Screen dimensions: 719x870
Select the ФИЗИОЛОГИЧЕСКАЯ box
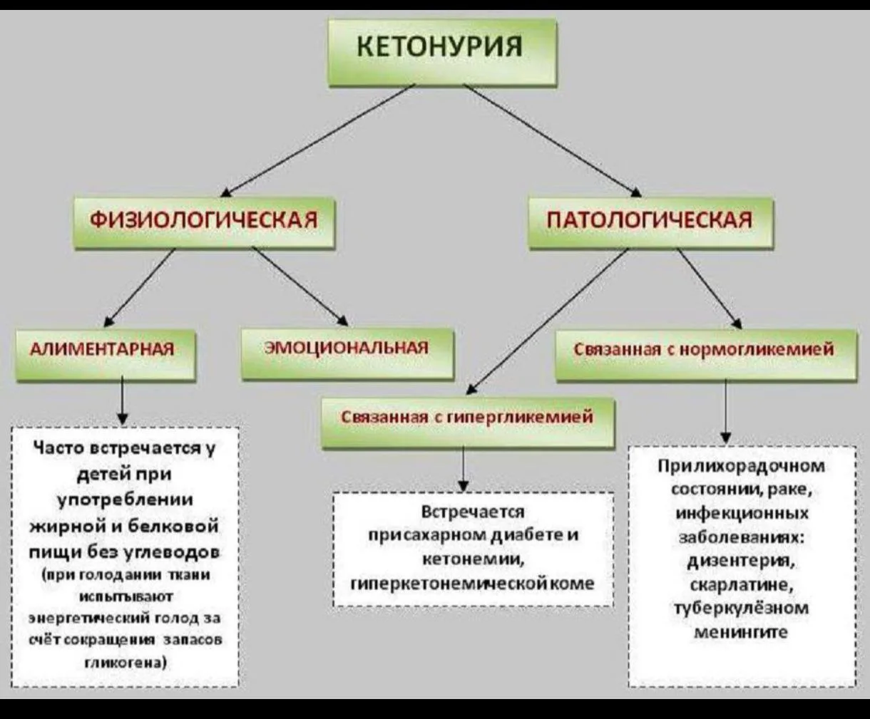pos(203,220)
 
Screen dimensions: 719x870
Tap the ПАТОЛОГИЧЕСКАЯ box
pos(650,220)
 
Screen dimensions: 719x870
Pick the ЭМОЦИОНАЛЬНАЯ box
pos(347,350)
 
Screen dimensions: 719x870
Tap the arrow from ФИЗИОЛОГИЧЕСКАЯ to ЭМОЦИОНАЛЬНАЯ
pos(300,286)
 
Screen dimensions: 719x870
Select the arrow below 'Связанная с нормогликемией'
pos(726,411)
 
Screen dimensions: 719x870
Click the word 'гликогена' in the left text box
pos(125,663)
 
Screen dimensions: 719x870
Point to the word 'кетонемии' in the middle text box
pos(474,560)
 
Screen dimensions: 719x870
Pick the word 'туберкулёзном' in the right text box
pos(742,608)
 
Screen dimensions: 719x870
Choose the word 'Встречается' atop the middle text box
pos(473,512)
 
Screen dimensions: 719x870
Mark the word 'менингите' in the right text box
pos(742,632)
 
